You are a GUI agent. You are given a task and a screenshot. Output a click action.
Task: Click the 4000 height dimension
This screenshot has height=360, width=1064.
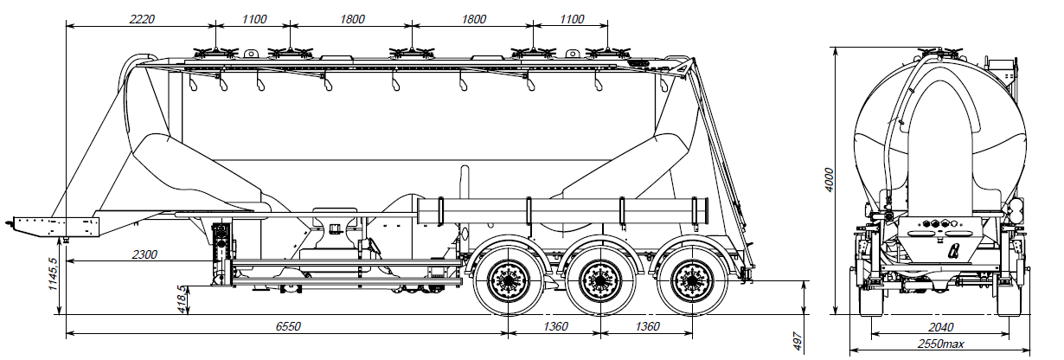point(829,179)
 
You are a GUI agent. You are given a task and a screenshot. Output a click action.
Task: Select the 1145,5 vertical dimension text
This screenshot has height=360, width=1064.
point(54,273)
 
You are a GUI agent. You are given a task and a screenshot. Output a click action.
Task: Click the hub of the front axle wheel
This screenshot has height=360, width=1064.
point(506,280)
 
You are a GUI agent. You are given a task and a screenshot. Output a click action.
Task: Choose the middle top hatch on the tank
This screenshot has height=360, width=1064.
point(400,50)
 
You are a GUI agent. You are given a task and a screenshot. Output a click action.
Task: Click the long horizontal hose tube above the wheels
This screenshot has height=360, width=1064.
point(562,209)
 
